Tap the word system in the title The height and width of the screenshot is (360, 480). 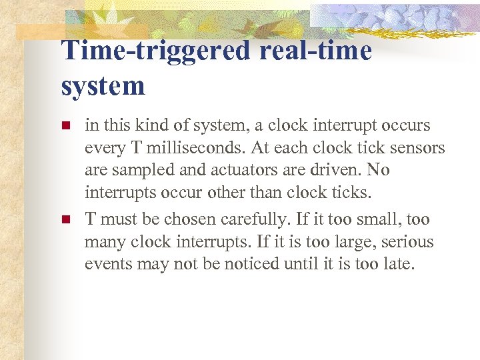(103, 86)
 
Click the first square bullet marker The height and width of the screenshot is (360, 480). (65, 125)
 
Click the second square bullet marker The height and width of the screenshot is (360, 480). (65, 219)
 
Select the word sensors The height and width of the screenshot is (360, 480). (417, 148)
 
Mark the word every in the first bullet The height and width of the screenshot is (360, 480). (104, 148)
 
